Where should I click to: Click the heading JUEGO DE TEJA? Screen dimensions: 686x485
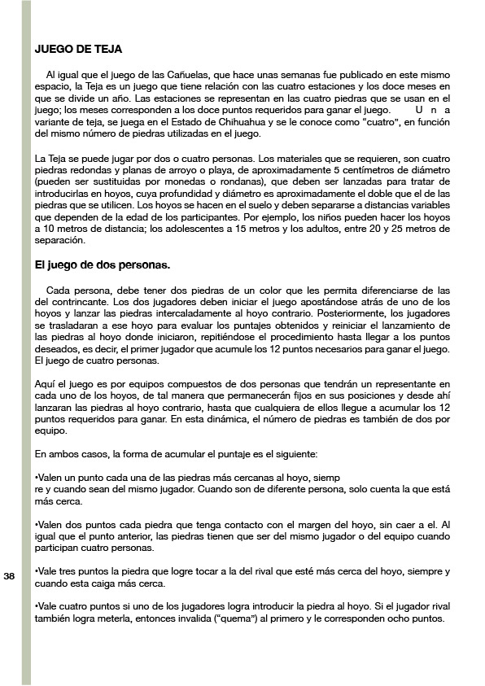coord(78,50)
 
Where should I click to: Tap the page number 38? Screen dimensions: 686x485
coord(10,576)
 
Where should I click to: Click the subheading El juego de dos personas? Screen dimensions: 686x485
coord(103,265)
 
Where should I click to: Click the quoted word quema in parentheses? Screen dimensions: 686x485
coord(231,618)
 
